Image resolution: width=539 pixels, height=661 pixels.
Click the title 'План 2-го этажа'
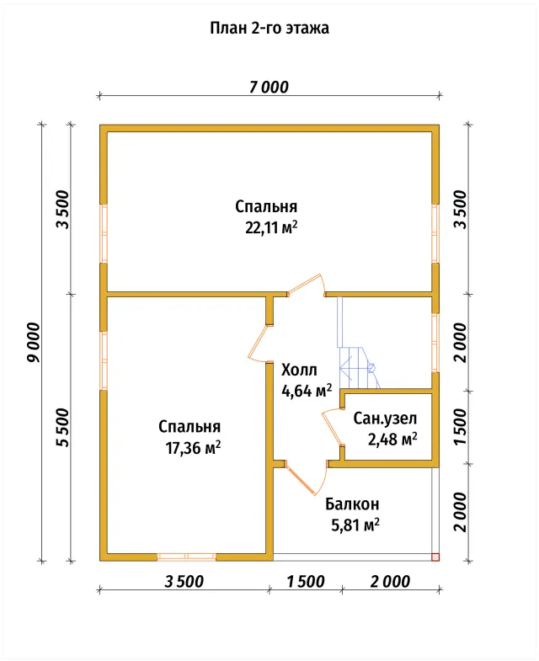(269, 29)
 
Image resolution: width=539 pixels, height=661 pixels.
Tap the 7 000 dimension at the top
(269, 88)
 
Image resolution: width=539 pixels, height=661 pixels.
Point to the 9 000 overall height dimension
(34, 343)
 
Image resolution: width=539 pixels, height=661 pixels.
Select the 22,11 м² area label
(271, 228)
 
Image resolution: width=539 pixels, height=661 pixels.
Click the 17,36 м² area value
(193, 448)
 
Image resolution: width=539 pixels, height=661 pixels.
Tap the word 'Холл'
(299, 370)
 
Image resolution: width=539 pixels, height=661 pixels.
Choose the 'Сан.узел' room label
(385, 418)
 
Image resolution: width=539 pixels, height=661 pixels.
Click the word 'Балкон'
(352, 504)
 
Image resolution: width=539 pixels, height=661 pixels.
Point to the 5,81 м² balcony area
(355, 525)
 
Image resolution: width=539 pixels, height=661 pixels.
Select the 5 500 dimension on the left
(63, 428)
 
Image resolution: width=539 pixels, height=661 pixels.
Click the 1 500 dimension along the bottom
(306, 582)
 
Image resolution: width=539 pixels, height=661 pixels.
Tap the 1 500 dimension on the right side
(461, 426)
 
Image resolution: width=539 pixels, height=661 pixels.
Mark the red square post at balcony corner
(435, 557)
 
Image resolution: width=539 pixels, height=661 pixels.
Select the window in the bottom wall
(186, 557)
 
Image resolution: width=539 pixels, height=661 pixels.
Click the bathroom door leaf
(332, 428)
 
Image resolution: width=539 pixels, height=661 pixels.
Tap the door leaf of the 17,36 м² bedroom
(257, 343)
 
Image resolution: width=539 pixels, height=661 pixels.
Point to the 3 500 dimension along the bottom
(184, 582)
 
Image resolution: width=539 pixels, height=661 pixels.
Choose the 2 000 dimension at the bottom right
(390, 582)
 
